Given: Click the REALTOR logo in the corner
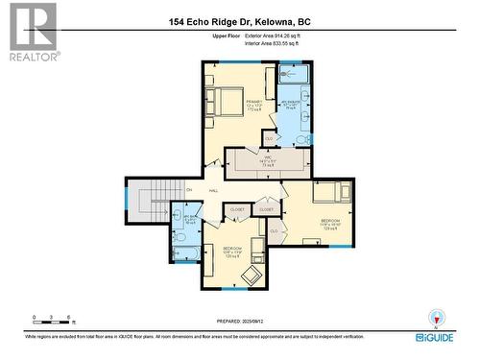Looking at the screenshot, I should click(31, 32).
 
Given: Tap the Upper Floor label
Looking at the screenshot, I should click(225, 36).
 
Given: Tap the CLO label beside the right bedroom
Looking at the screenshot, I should click(275, 231).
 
